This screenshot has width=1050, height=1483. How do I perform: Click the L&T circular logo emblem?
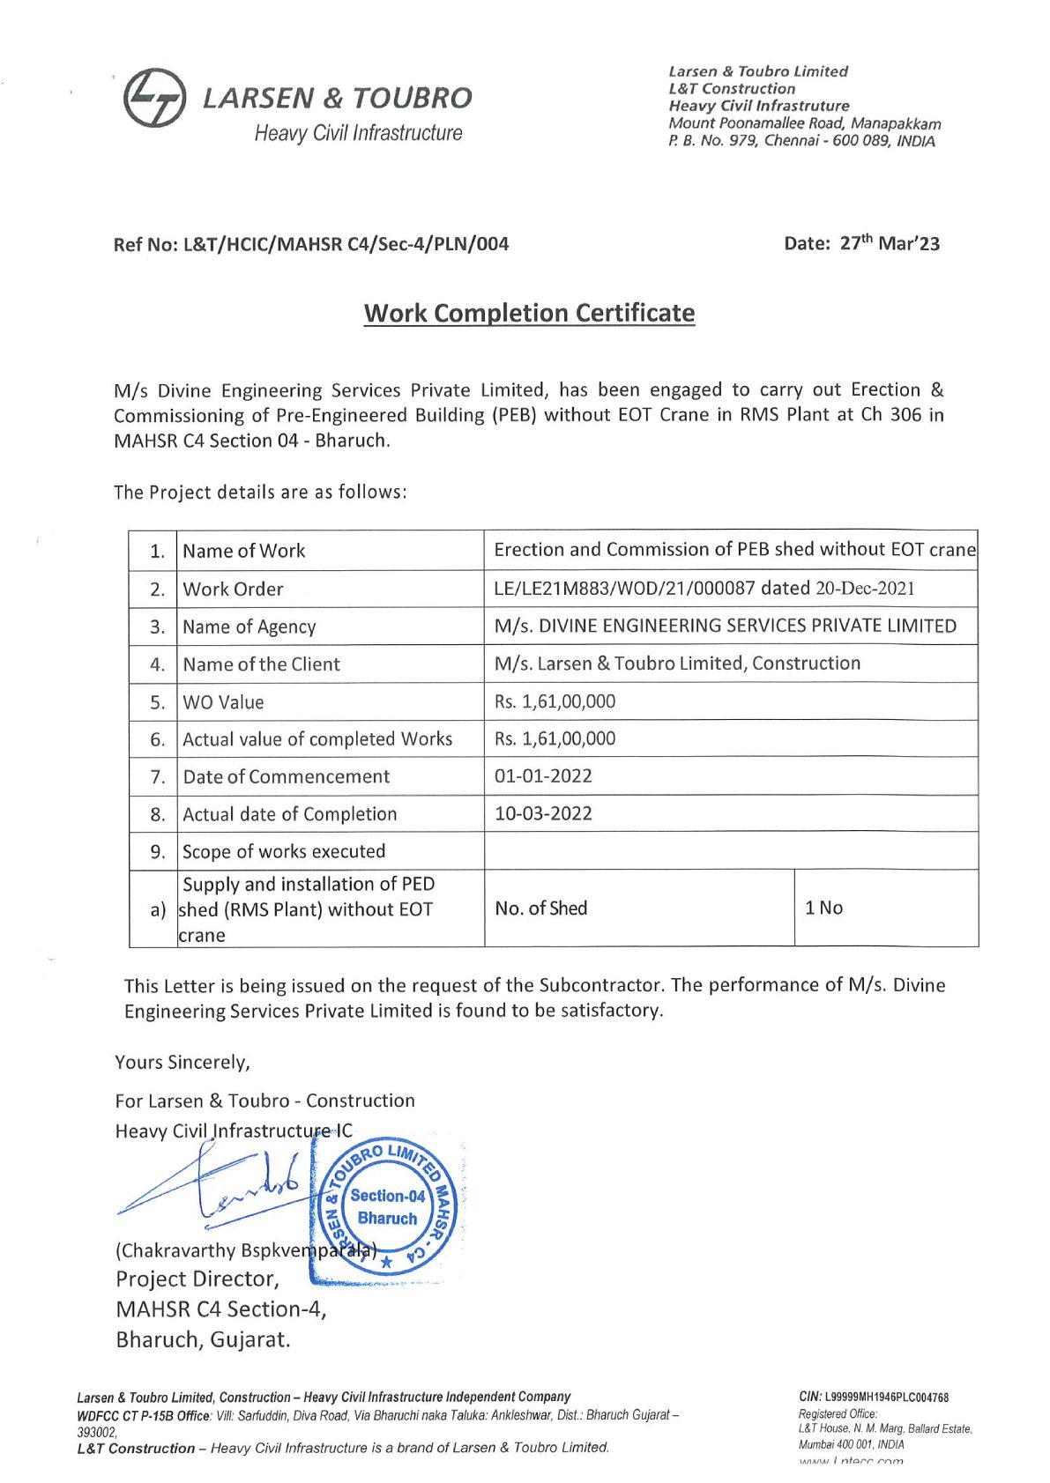point(154,98)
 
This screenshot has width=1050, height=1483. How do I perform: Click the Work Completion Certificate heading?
point(529,313)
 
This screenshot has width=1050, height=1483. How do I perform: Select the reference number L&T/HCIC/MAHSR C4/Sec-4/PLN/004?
point(346,244)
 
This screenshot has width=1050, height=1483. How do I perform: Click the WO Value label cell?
point(223,702)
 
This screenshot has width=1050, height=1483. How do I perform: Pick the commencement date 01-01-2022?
point(543,776)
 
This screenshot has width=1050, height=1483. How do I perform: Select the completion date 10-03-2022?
point(543,813)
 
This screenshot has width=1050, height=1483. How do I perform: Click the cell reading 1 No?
point(823,908)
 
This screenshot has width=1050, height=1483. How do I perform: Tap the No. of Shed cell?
point(540,908)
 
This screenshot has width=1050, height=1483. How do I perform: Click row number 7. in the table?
point(158,777)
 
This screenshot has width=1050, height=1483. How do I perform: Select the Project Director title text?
point(197,1279)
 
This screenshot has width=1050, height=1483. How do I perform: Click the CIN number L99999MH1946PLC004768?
point(886,1397)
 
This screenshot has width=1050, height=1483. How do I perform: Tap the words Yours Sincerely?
point(182,1062)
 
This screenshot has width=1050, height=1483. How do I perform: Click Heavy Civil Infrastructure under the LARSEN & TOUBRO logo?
point(358,133)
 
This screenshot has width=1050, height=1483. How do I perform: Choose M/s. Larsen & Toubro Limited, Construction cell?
point(677,664)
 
